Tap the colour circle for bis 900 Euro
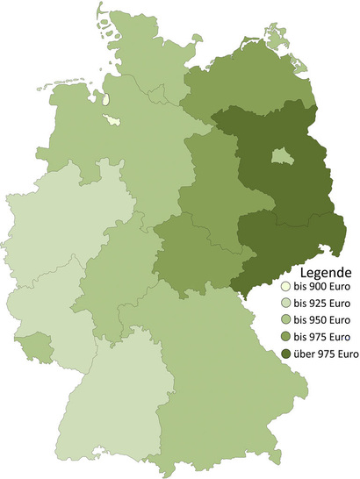[x=284, y=287]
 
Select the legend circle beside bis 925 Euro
[x=284, y=304]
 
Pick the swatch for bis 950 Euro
[x=284, y=320]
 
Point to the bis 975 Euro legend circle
[x=284, y=337]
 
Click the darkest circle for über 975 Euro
[x=284, y=354]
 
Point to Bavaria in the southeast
[x=220, y=368]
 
